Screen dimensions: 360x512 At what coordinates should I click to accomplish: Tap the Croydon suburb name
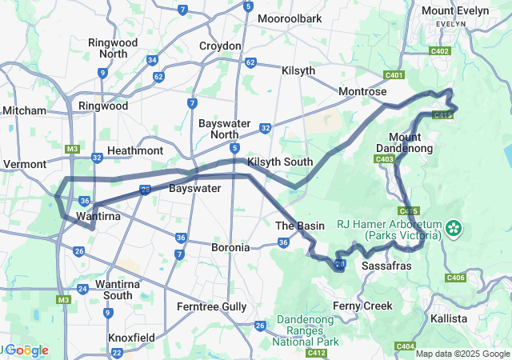coord(220,46)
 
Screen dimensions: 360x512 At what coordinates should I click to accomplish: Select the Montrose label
coord(362,92)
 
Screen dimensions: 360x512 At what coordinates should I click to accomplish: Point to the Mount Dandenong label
coord(410,142)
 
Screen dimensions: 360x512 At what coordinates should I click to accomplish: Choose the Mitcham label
coord(24,110)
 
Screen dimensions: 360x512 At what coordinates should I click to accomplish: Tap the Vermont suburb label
coord(24,164)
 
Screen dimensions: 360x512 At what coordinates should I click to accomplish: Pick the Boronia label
coord(230,248)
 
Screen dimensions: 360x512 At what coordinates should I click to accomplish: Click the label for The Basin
coord(300,226)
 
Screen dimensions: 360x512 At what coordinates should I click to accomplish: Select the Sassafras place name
coord(387,264)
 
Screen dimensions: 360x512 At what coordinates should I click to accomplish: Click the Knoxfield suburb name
coord(133,338)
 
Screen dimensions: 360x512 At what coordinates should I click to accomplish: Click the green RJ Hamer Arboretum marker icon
coord(454,229)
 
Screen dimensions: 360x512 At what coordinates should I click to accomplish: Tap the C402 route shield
coord(439,51)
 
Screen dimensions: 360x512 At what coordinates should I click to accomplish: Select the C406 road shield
coord(455,278)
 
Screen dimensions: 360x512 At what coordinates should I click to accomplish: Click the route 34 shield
coord(152,60)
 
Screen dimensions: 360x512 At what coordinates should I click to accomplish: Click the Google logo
coord(26,350)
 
